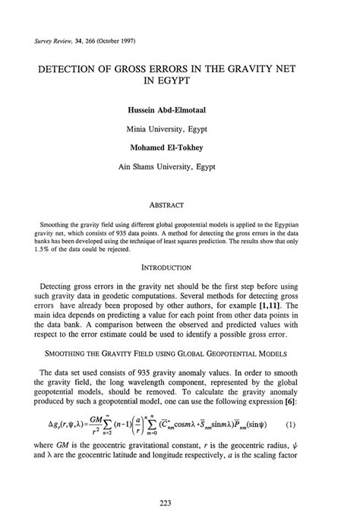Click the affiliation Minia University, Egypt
[179, 127]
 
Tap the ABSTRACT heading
[179, 204]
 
